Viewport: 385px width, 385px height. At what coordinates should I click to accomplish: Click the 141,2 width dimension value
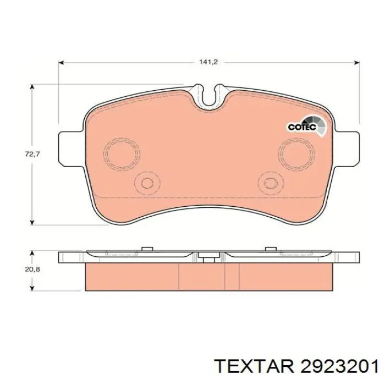click(x=208, y=62)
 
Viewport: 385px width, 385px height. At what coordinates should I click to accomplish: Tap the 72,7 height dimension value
click(x=32, y=154)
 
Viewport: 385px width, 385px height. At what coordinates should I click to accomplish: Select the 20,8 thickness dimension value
click(x=32, y=269)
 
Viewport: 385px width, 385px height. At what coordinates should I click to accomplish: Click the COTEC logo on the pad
click(x=306, y=127)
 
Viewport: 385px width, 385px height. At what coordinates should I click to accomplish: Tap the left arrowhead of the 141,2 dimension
click(x=62, y=63)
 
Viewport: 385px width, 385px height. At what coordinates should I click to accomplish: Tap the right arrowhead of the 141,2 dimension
click(x=356, y=63)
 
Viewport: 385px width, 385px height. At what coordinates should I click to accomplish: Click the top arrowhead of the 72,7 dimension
click(x=32, y=87)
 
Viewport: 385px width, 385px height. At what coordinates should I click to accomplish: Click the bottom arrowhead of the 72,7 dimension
click(x=32, y=222)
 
